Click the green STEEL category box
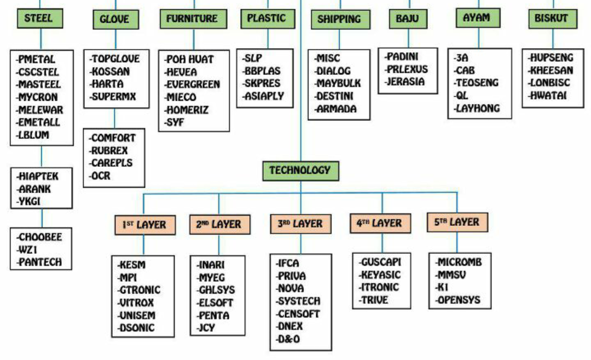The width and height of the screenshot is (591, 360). pyautogui.click(x=39, y=18)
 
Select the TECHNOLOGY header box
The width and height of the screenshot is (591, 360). pyautogui.click(x=300, y=170)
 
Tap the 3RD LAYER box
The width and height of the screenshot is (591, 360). pyautogui.click(x=300, y=224)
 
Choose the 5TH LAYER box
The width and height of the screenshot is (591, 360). pyautogui.click(x=457, y=222)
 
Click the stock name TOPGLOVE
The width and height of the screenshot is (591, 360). pyautogui.click(x=115, y=59)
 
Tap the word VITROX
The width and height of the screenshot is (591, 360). pyautogui.click(x=136, y=303)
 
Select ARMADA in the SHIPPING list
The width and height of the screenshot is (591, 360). pyautogui.click(x=336, y=109)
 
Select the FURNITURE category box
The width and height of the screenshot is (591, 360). pyautogui.click(x=192, y=19)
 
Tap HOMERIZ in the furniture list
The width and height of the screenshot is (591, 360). pyautogui.click(x=189, y=109)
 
